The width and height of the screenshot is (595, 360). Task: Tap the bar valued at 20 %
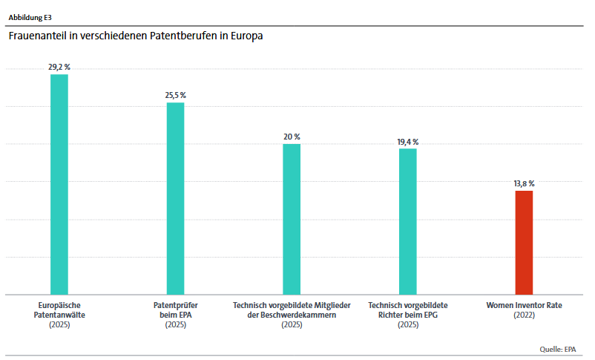pyautogui.click(x=292, y=219)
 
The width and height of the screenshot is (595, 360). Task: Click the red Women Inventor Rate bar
pyautogui.click(x=524, y=242)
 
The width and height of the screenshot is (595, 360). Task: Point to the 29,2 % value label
pyautogui.click(x=59, y=67)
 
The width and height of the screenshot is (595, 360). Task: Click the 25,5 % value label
pyautogui.click(x=175, y=95)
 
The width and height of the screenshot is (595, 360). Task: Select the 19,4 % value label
pyautogui.click(x=408, y=141)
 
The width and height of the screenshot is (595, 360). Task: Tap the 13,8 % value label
pyautogui.click(x=524, y=183)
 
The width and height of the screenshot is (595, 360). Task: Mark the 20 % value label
pyautogui.click(x=292, y=137)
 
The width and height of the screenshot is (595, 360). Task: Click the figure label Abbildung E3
pyautogui.click(x=30, y=16)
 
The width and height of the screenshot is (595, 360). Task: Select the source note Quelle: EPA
pyautogui.click(x=558, y=349)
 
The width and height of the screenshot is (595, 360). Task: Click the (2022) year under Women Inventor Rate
pyautogui.click(x=524, y=315)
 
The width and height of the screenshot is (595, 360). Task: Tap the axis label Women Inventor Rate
pyautogui.click(x=524, y=305)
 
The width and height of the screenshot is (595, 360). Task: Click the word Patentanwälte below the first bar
pyautogui.click(x=59, y=315)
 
